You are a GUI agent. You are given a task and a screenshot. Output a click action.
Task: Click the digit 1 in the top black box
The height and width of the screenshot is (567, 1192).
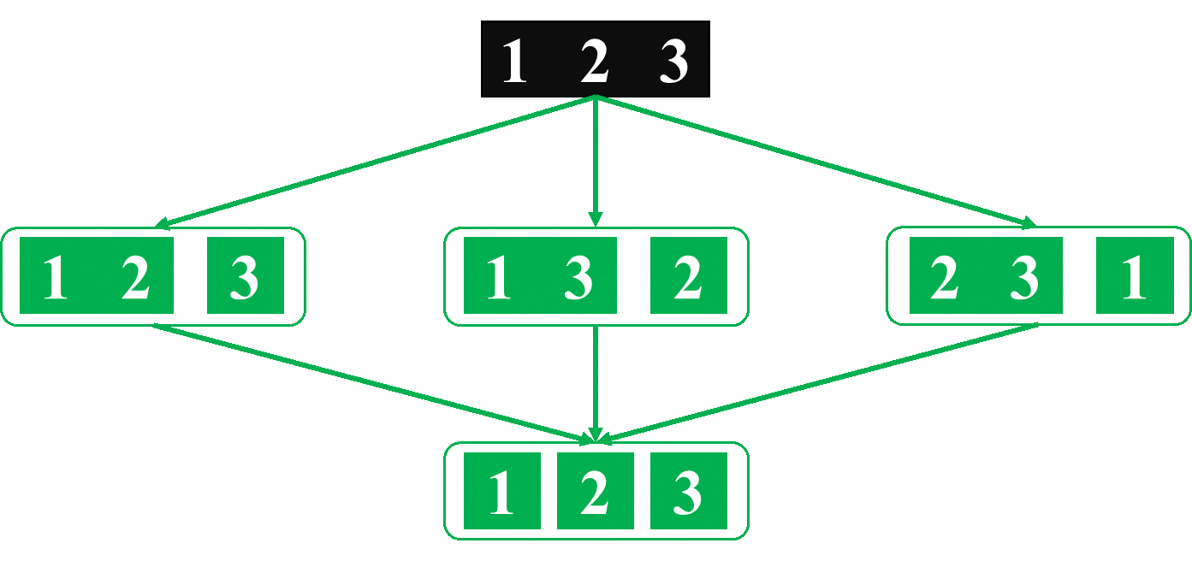pyautogui.click(x=513, y=62)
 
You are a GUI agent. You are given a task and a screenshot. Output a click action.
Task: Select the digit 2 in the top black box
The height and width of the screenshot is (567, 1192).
pyautogui.click(x=594, y=62)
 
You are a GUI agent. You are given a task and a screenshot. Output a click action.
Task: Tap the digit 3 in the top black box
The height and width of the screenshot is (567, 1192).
pyautogui.click(x=673, y=62)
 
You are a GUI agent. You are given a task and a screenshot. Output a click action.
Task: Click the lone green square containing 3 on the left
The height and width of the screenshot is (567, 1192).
pyautogui.click(x=246, y=276)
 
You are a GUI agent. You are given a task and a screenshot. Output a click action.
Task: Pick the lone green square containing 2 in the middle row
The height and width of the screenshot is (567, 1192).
pyautogui.click(x=688, y=276)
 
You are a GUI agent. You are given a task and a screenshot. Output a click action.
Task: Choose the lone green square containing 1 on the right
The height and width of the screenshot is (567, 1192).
pyautogui.click(x=1135, y=276)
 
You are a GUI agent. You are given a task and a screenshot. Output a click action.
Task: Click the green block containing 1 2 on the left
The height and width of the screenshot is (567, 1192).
pyautogui.click(x=96, y=276)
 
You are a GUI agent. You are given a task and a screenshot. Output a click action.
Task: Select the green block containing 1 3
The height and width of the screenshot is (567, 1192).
pyautogui.click(x=539, y=276)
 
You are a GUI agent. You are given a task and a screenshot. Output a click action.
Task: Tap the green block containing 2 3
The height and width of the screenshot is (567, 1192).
pyautogui.click(x=985, y=276)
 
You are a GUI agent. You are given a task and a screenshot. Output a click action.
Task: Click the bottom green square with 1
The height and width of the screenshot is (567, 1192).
pyautogui.click(x=501, y=492)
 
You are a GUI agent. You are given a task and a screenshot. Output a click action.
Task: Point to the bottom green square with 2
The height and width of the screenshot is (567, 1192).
pyautogui.click(x=595, y=492)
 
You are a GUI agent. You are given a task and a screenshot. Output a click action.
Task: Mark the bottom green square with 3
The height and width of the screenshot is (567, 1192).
pyautogui.click(x=688, y=492)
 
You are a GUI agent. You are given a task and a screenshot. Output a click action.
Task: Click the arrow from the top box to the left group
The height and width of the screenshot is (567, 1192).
pyautogui.click(x=377, y=162)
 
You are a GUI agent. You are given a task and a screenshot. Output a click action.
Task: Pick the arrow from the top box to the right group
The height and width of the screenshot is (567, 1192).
pyautogui.click(x=813, y=162)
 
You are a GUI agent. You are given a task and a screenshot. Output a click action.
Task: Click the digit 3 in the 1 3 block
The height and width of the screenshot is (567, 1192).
pyautogui.click(x=578, y=276)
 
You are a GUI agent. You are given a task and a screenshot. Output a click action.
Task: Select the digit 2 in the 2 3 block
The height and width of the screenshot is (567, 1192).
pyautogui.click(x=944, y=276)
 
